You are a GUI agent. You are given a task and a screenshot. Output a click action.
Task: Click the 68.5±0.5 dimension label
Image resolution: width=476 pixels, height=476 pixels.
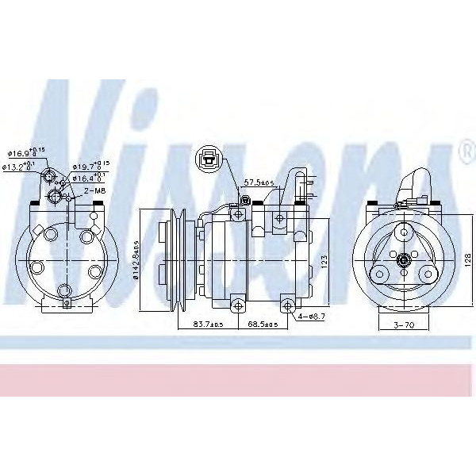tap(263, 324)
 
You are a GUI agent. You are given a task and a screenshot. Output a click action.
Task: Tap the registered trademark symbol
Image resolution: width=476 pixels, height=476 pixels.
tap(464, 149)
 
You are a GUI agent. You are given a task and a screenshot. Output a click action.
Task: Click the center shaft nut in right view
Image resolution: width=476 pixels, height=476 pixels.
tap(405, 259)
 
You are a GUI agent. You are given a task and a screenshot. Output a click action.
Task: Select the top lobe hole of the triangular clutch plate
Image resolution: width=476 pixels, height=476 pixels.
tap(405, 231)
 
